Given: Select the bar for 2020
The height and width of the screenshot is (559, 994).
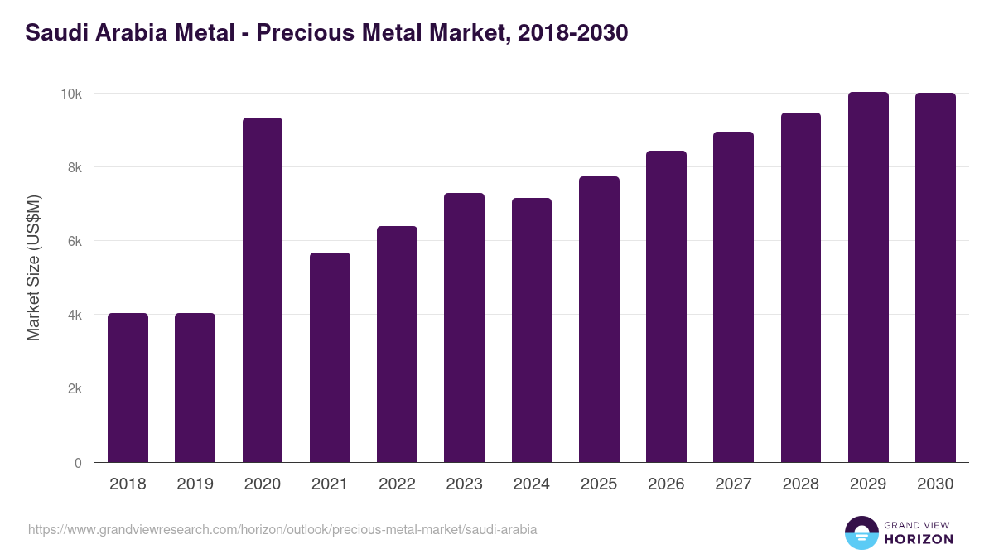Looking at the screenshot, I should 263,290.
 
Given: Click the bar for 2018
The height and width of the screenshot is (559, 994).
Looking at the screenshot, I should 128,388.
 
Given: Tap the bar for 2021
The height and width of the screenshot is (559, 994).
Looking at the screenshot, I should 330,358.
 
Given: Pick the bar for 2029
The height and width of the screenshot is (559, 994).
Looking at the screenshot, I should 868,277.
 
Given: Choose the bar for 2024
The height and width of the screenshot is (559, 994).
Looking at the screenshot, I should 532,330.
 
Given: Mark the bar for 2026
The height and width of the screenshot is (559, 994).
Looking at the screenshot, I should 666,306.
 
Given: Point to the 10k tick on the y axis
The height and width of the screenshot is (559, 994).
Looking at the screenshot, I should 70,94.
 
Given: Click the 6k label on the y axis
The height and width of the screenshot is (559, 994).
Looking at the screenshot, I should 74,241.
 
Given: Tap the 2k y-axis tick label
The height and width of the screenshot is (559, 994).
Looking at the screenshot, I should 74,389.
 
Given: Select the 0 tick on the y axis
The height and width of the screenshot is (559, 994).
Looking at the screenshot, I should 78,463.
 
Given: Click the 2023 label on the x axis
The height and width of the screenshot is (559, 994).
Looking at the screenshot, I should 464,484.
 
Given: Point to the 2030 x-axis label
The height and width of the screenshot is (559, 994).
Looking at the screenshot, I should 935,484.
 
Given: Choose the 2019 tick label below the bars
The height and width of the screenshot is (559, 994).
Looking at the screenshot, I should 195,484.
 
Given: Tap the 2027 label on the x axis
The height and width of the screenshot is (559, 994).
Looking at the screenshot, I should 733,484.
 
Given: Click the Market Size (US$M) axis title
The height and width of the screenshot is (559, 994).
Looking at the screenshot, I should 34,267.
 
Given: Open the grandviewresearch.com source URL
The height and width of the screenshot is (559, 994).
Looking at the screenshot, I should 282,529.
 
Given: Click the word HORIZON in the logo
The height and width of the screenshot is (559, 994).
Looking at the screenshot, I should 919,539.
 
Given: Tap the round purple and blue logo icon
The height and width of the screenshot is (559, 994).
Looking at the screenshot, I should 861,532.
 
